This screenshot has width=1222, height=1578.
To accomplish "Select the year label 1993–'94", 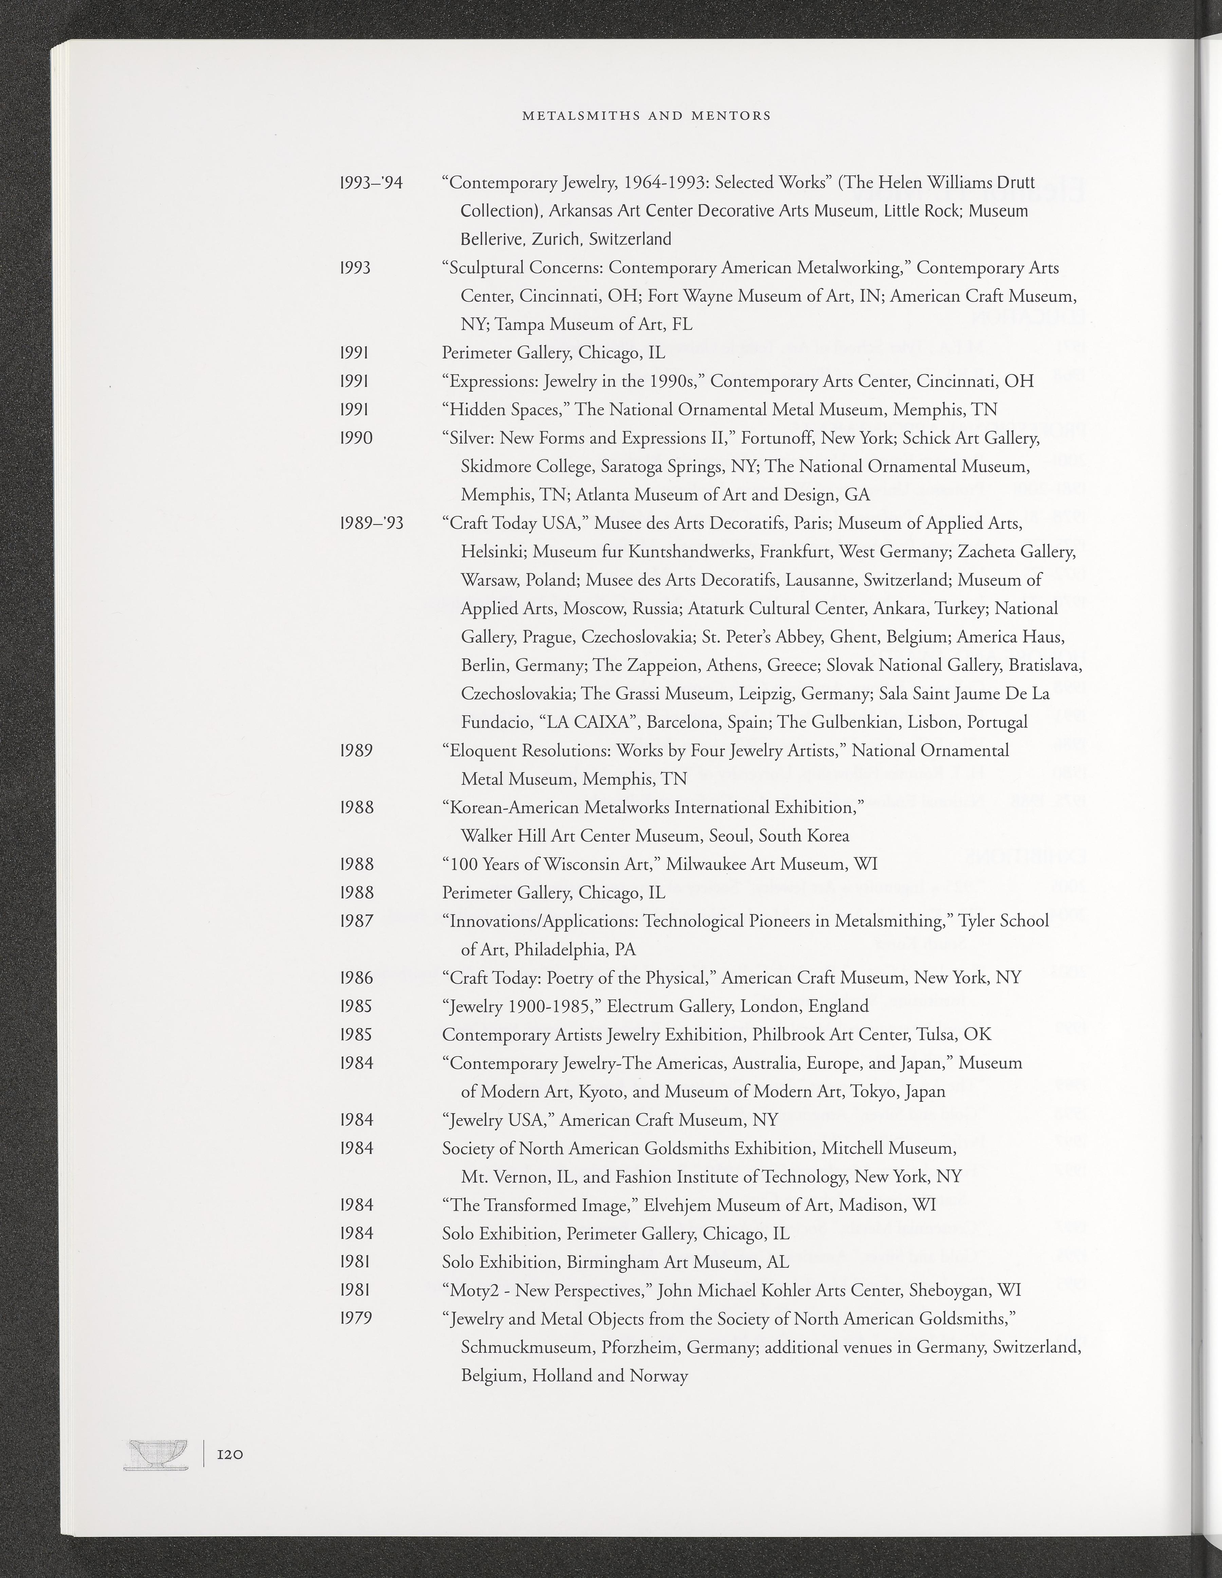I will click(371, 183).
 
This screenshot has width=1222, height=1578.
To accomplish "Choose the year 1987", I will click(356, 921).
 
